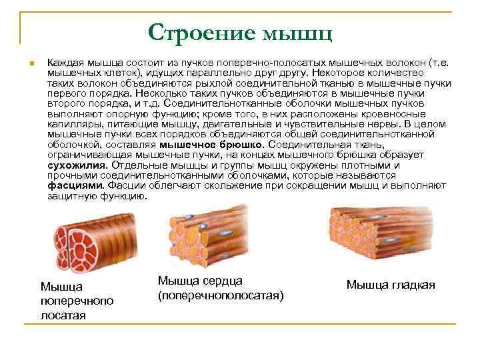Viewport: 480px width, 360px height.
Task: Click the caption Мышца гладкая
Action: (x=390, y=285)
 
